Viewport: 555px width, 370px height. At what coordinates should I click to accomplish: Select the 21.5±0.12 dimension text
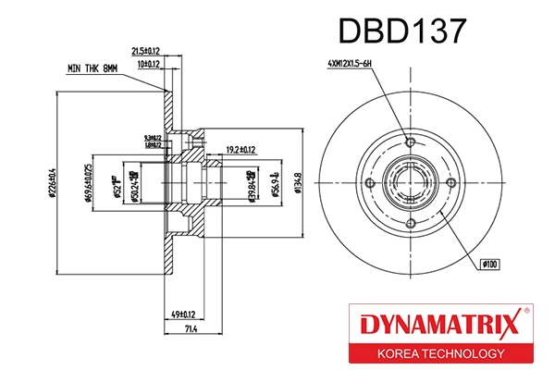pyautogui.click(x=146, y=51)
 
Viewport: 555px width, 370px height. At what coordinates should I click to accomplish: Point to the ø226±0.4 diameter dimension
pyautogui.click(x=55, y=186)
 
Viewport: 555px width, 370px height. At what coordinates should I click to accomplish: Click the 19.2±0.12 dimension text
pyautogui.click(x=240, y=147)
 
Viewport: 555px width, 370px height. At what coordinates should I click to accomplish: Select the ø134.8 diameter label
pyautogui.click(x=297, y=185)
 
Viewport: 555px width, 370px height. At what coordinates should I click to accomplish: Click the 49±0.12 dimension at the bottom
pyautogui.click(x=188, y=314)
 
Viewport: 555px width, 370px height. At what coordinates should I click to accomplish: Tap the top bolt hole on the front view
pyautogui.click(x=410, y=142)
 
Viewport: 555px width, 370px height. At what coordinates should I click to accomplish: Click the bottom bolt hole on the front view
pyautogui.click(x=410, y=228)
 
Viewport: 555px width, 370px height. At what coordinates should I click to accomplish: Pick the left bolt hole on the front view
pyautogui.click(x=367, y=185)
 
